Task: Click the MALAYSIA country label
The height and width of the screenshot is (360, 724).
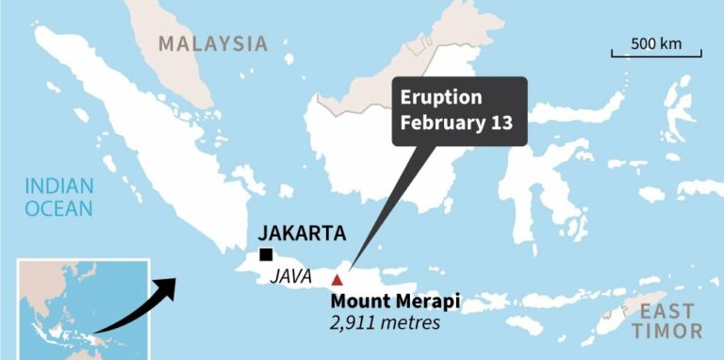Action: [213, 43]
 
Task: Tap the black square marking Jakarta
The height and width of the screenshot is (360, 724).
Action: [267, 254]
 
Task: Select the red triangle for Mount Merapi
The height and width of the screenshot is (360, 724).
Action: [337, 279]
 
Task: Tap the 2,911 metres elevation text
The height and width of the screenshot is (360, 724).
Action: [384, 324]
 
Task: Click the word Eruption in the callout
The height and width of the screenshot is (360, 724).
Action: [441, 98]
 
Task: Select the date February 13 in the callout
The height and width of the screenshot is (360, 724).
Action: [457, 123]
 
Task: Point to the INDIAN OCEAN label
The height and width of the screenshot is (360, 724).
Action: [59, 196]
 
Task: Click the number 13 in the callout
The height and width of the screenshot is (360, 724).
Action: [502, 123]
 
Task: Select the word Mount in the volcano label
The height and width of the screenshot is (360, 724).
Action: [355, 303]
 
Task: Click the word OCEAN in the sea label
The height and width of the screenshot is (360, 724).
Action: [59, 208]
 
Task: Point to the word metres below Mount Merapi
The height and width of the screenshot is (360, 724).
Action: [411, 324]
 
